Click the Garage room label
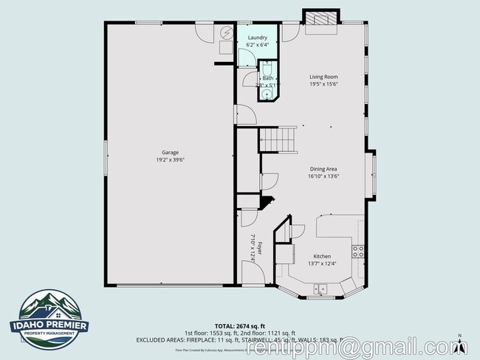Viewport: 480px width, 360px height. coord(171,153)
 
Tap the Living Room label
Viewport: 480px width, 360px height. coord(323,77)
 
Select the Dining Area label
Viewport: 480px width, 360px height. coord(323,169)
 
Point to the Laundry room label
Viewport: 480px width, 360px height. coord(257,37)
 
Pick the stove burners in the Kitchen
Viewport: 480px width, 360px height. coord(358,249)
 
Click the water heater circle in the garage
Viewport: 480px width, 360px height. coord(225,35)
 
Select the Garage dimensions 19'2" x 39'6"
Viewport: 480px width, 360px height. coord(171,160)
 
